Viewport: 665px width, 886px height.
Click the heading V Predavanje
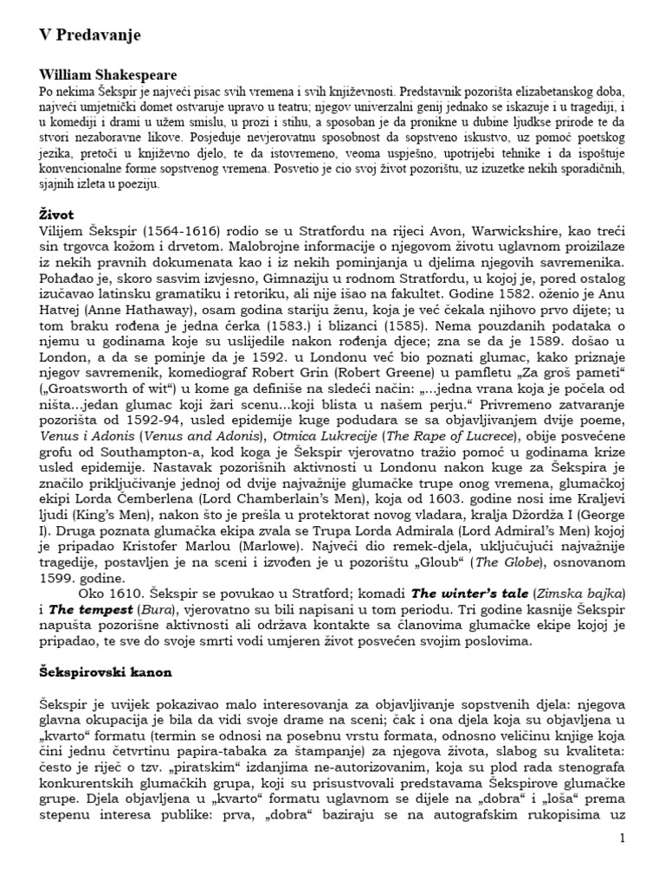click(89, 35)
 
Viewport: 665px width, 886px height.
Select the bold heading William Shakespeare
click(107, 75)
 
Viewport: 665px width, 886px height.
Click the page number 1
click(621, 838)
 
